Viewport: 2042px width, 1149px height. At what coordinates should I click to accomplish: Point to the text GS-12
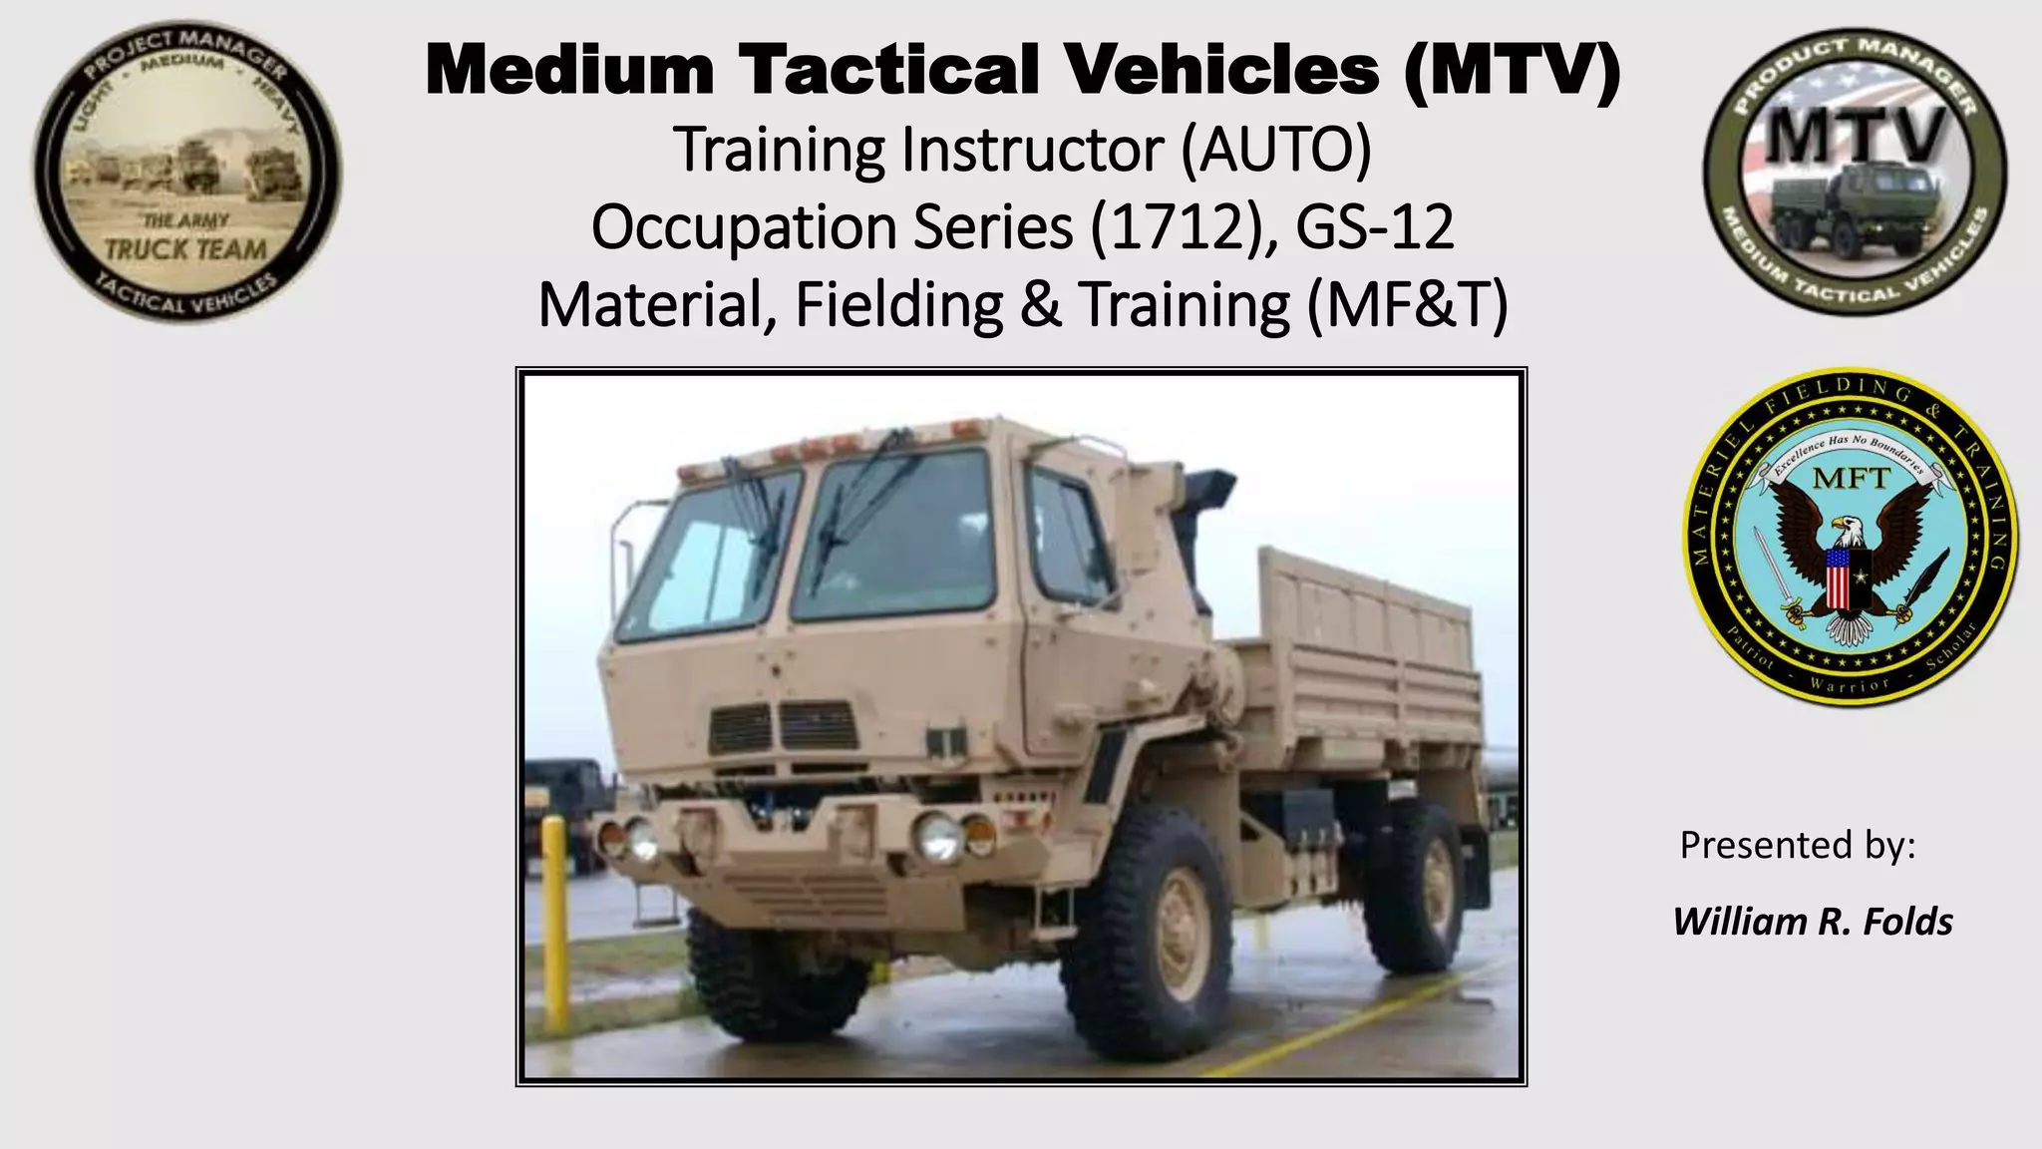pyautogui.click(x=1375, y=227)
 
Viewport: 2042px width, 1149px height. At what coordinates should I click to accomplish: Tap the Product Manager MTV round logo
pyautogui.click(x=1855, y=172)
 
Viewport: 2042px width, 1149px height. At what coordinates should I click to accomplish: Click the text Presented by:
pyautogui.click(x=1798, y=845)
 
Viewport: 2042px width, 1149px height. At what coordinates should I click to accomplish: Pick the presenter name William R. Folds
pyautogui.click(x=1813, y=922)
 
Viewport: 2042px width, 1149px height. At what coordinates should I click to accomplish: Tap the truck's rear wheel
pyautogui.click(x=1417, y=888)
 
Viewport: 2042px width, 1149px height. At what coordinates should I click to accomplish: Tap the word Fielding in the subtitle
pyautogui.click(x=898, y=305)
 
